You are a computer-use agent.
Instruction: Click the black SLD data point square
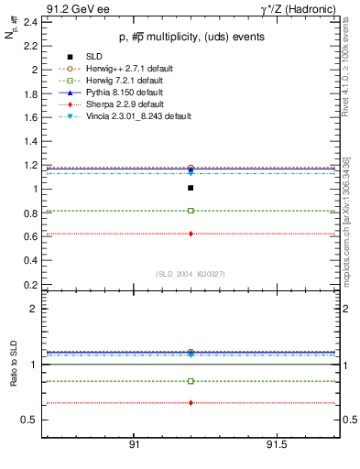(x=191, y=188)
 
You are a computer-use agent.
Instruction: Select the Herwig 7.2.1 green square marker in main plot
(x=191, y=211)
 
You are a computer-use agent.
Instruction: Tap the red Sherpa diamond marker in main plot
(x=191, y=234)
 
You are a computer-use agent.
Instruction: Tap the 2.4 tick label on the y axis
(x=29, y=22)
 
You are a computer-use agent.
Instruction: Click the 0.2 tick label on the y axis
(x=29, y=284)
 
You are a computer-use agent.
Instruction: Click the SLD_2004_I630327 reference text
(x=190, y=273)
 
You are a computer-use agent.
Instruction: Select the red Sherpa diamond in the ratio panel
(x=191, y=403)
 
